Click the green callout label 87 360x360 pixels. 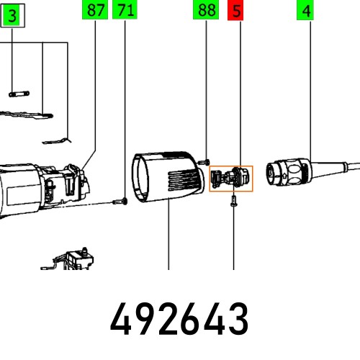pos(94,11)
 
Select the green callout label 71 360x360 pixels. pos(125,11)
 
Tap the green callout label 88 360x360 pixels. pos(206,11)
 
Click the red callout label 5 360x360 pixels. pos(235,11)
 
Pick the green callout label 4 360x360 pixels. pos(307,11)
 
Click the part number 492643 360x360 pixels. pos(179,318)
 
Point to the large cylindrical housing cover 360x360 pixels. pos(168,176)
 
